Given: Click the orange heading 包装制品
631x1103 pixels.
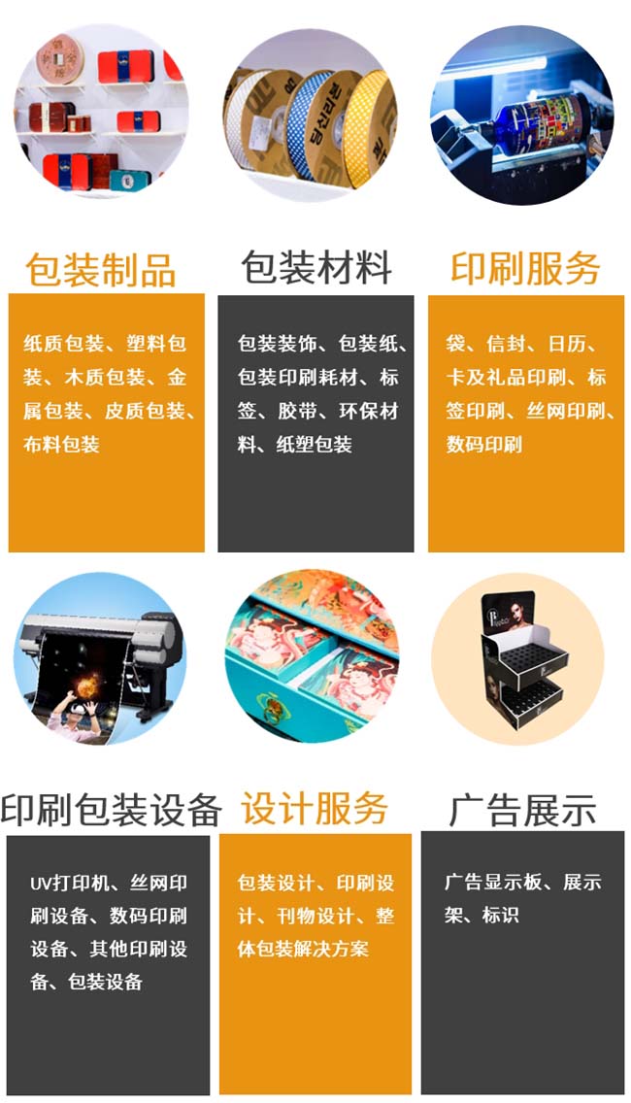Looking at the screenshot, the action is [x=101, y=269].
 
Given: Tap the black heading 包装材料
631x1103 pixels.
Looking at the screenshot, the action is [x=315, y=267].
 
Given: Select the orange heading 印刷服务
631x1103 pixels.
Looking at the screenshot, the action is [x=525, y=267].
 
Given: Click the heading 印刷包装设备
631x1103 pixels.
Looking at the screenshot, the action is [x=111, y=809].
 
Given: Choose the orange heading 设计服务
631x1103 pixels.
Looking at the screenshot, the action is [x=315, y=808].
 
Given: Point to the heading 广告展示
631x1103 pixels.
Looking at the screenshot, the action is [x=522, y=811].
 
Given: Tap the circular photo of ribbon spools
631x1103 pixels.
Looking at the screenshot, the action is [x=311, y=114].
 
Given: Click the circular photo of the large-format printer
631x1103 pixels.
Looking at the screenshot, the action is [x=100, y=659].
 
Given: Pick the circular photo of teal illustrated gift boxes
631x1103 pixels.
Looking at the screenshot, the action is [x=312, y=655].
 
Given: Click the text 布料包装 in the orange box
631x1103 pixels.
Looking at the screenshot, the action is [x=61, y=444].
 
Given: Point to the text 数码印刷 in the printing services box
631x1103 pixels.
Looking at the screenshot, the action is [x=484, y=444].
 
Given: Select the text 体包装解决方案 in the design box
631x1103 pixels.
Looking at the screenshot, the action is [x=303, y=949].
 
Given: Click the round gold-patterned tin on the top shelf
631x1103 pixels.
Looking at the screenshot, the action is [x=60, y=60].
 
